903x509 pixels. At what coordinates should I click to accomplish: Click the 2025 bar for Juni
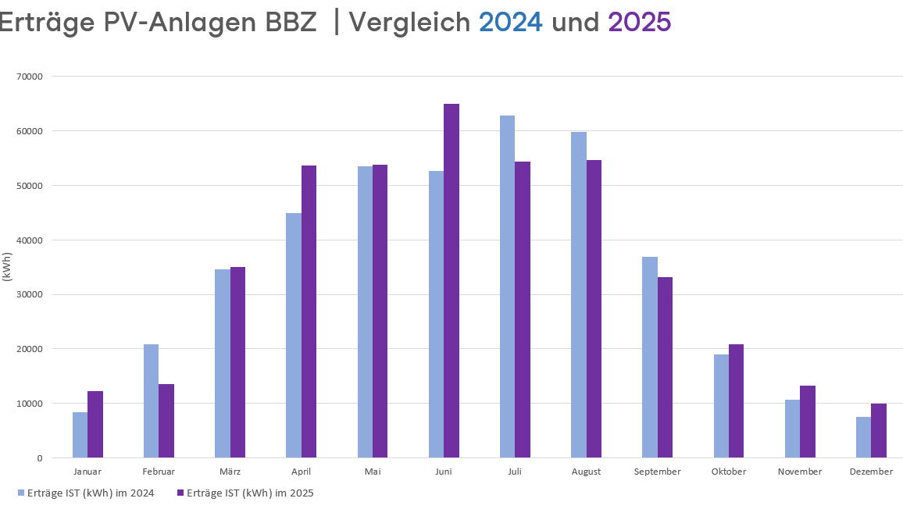451,281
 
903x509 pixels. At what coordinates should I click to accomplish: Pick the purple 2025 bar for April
309,311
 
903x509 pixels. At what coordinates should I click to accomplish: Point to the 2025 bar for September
665,367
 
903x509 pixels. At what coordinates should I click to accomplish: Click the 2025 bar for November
808,422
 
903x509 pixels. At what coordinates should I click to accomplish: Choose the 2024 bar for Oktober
721,406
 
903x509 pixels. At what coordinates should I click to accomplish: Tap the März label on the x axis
230,472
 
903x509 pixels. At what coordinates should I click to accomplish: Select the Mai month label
373,472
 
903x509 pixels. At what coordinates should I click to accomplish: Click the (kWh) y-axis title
7,267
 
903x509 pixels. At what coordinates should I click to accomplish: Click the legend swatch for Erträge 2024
21,493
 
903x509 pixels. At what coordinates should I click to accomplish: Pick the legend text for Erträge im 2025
249,493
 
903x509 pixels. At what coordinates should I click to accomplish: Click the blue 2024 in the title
511,23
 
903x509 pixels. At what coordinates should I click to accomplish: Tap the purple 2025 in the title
639,23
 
